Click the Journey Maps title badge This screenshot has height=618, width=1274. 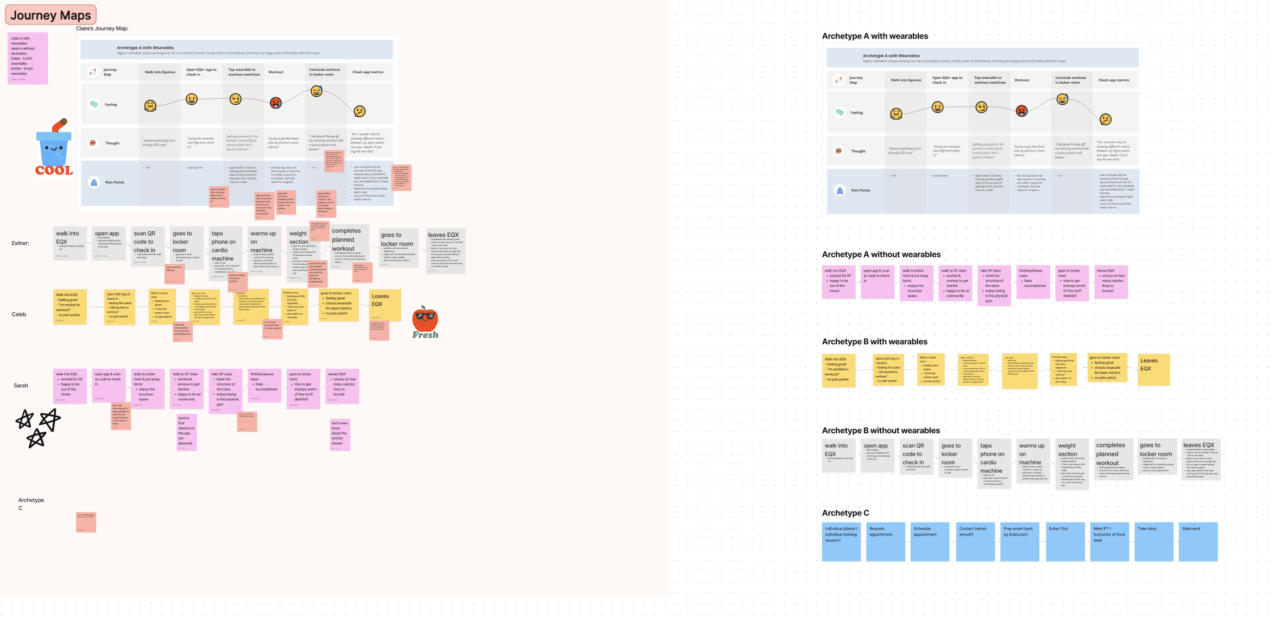point(51,15)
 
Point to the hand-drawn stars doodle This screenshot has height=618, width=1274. point(37,427)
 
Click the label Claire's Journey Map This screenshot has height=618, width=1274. point(102,28)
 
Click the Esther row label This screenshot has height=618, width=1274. point(20,243)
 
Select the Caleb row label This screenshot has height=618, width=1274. point(19,314)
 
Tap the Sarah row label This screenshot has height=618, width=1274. point(21,386)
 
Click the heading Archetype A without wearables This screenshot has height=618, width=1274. point(881,255)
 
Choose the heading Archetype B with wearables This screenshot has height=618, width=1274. point(874,342)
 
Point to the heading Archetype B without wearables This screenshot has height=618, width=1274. point(881,431)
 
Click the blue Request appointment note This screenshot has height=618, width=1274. point(886,541)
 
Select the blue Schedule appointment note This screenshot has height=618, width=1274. point(930,541)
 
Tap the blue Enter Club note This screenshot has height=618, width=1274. point(1065,541)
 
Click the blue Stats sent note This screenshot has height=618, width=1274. point(1199,541)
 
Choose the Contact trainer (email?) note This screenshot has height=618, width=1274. point(975,541)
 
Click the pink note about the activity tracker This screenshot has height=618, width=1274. point(339,434)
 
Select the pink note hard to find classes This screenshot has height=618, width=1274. point(186,432)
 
